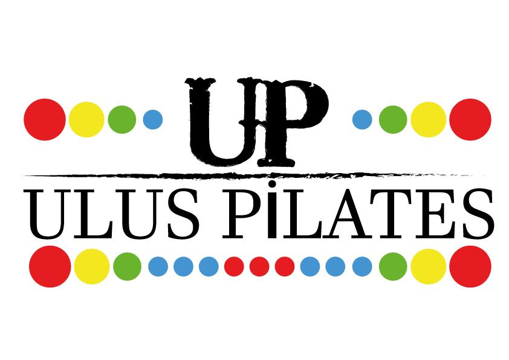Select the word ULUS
click(x=111, y=214)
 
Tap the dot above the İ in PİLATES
click(x=273, y=185)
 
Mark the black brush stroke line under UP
click(x=253, y=176)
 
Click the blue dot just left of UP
click(x=153, y=120)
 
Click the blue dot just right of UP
click(x=362, y=120)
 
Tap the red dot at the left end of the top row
click(x=45, y=120)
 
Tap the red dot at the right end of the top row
click(x=470, y=120)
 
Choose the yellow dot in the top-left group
click(x=86, y=120)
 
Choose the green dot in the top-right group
click(x=393, y=120)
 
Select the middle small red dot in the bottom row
click(x=259, y=266)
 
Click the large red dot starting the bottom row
click(x=50, y=266)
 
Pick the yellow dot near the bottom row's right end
click(x=429, y=266)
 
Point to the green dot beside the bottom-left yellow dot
click(x=127, y=266)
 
